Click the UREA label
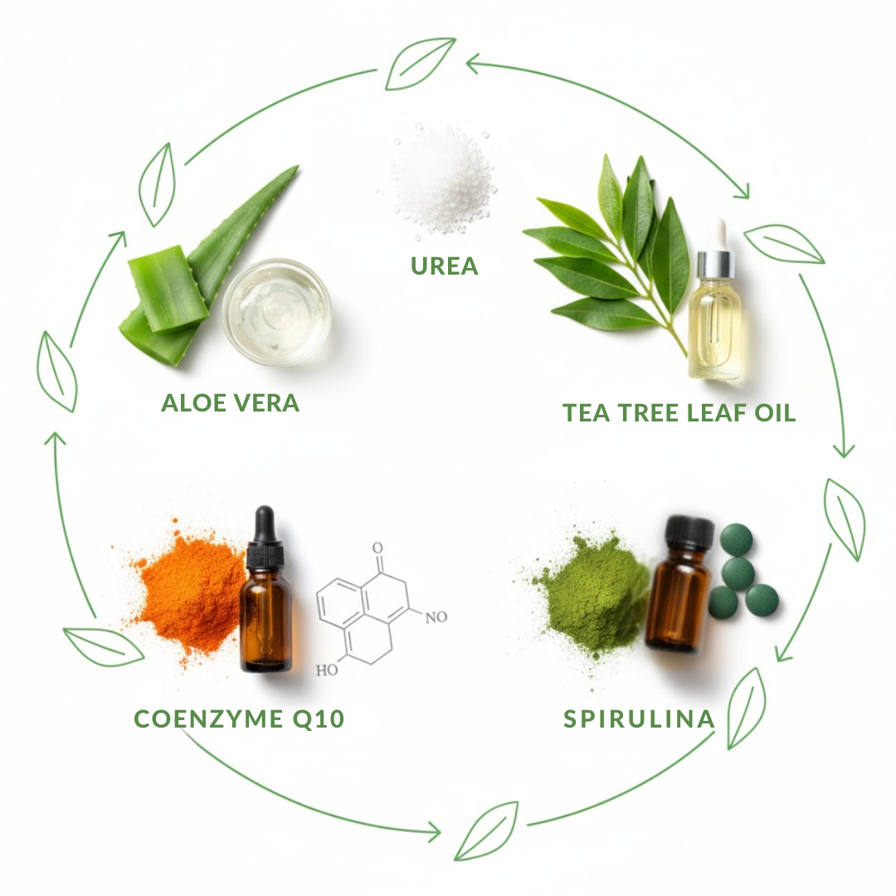pos(444,266)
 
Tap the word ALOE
pos(193,403)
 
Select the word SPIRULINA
pos(639,718)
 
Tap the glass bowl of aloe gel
pos(276,311)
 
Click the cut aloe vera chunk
pos(168,289)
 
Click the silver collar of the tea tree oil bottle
pos(715,265)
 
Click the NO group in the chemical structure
pos(436,617)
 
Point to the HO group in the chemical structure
pos(327,670)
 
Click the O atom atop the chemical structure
pos(377,548)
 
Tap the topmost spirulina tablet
pos(736,540)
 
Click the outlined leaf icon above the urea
pos(421,63)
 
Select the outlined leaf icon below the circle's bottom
pos(487,830)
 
